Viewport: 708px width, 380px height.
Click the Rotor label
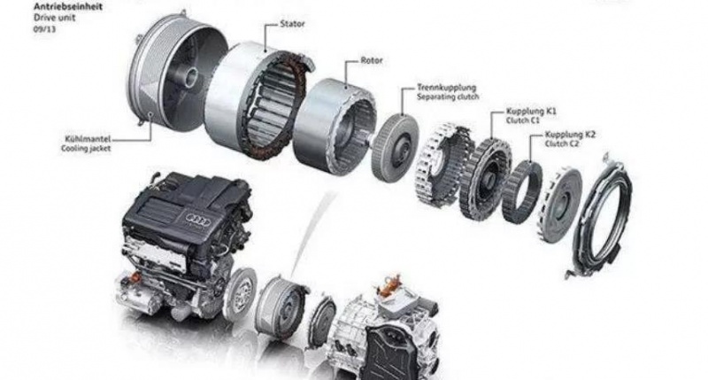372,63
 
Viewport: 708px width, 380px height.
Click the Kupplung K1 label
532,112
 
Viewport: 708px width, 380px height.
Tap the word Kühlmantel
85,140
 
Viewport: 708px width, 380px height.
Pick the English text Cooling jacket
86,150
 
